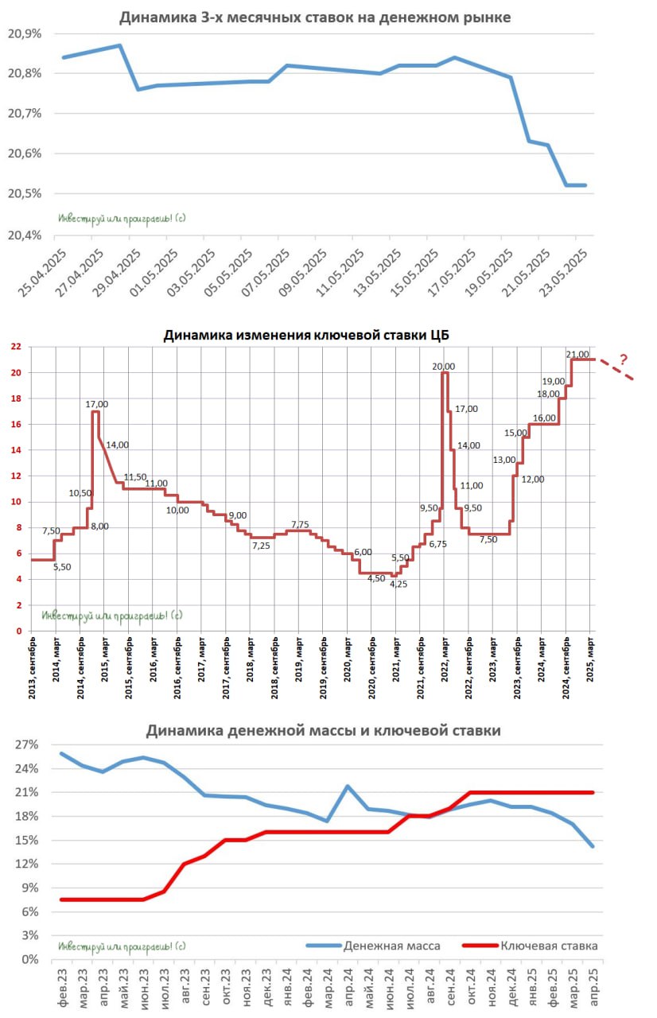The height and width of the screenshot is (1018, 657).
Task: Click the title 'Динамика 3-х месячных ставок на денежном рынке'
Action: [315, 17]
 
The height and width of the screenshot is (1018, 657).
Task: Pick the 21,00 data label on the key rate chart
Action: [577, 354]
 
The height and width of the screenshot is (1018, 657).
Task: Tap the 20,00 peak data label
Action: [444, 366]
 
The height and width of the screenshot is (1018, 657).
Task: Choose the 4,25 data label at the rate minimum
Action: [398, 584]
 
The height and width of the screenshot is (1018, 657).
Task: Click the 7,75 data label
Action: [300, 524]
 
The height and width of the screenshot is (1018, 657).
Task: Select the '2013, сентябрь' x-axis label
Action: [32, 668]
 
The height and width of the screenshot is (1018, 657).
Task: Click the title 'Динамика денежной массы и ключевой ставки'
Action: [323, 730]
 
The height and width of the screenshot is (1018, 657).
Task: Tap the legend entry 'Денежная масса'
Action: [391, 946]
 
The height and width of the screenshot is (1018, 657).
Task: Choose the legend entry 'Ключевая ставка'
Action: [549, 946]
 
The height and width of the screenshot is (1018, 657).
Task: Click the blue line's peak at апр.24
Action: [348, 786]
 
